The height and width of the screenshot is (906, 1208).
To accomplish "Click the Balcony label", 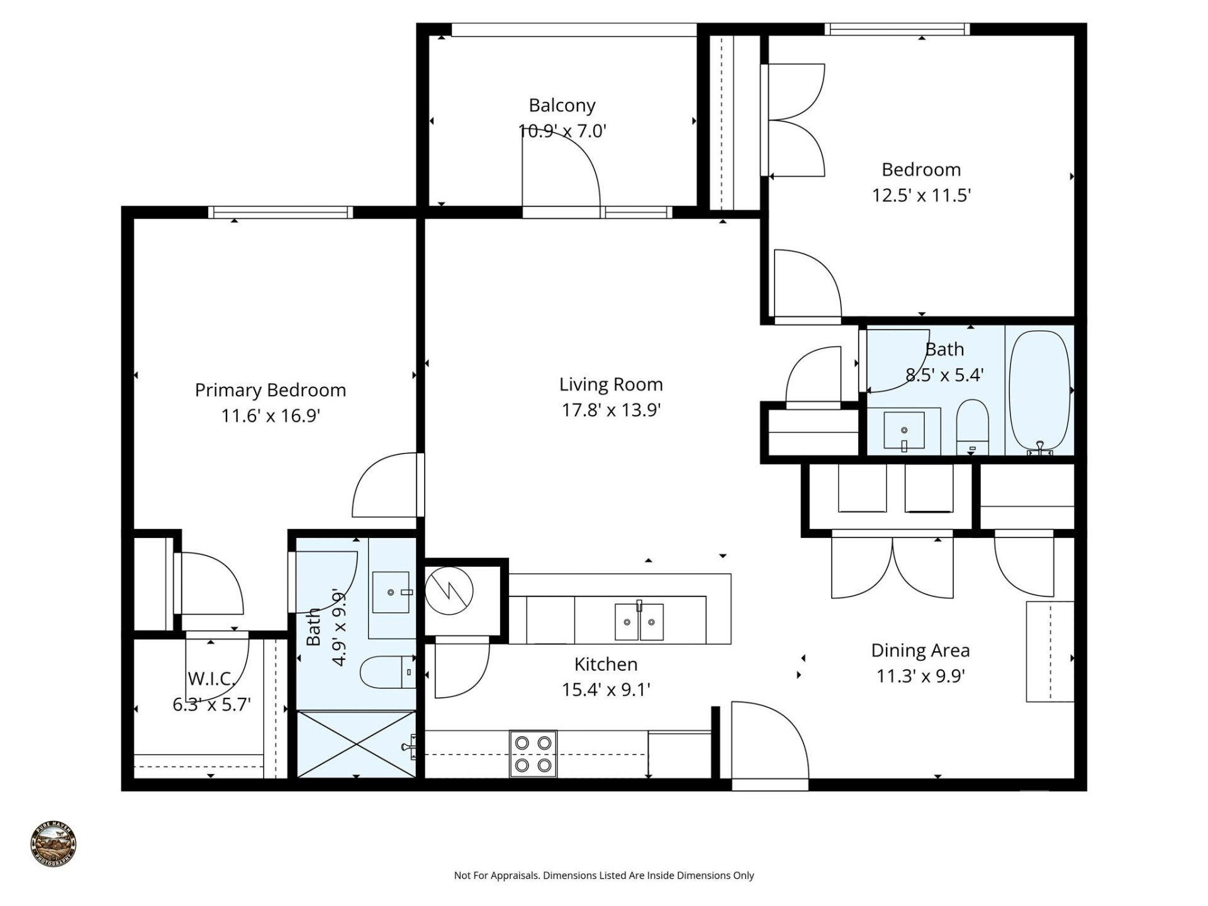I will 561,105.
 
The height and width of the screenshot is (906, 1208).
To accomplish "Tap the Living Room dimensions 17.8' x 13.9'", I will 610,410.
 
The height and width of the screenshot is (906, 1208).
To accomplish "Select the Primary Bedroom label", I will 270,390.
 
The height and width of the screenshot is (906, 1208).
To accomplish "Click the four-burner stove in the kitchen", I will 533,754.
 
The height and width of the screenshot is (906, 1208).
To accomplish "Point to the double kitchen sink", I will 639,622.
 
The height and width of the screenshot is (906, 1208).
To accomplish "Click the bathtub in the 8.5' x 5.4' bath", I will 1039,390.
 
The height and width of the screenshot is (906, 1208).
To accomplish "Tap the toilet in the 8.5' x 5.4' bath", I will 972,427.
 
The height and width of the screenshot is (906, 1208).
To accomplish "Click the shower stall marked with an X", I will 356,744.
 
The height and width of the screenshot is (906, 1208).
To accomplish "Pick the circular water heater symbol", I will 449,591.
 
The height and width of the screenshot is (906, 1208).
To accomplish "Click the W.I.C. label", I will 211,679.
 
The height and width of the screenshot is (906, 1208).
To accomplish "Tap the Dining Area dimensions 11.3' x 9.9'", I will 920,676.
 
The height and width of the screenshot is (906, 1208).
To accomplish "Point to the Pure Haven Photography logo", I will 53,844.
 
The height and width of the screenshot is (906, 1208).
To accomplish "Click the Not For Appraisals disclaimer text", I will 603,875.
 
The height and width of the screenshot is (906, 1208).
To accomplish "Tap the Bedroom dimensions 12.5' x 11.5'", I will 921,196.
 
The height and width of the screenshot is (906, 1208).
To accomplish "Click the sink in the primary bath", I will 391,592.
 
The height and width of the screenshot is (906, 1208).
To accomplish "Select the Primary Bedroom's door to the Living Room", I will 385,486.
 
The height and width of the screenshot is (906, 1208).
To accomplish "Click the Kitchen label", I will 605,664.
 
